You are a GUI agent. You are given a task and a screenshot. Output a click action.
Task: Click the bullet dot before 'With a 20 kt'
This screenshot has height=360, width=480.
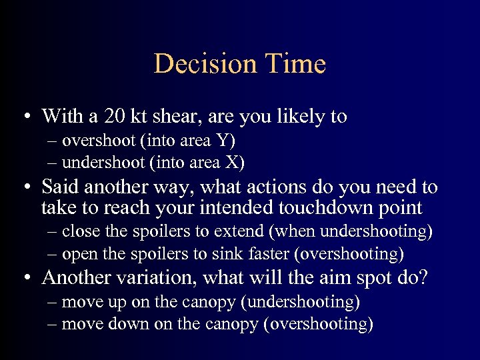pos(23,117)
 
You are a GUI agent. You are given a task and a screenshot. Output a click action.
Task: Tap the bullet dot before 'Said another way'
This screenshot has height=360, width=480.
pos(23,188)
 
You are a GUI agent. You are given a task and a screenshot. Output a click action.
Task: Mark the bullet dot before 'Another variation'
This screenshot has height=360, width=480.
pos(23,277)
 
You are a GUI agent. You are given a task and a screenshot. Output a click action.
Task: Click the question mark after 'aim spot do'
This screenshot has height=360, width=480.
pos(421,277)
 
